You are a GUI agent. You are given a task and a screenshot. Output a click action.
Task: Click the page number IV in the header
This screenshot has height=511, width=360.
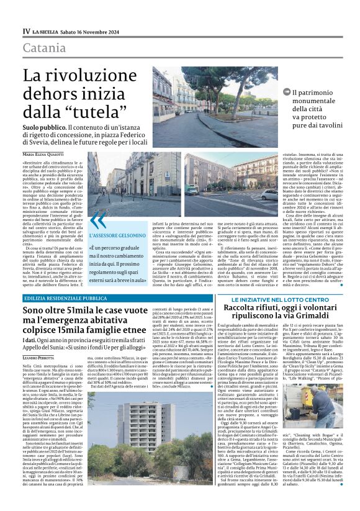point(26,30)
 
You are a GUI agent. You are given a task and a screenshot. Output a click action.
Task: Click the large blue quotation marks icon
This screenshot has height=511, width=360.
point(98,220)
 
